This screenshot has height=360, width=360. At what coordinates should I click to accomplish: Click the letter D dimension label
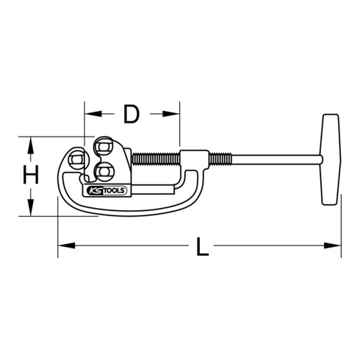[132, 115]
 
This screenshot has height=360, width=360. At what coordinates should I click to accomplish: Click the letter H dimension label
[29, 176]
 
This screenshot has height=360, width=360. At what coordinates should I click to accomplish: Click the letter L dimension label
[204, 246]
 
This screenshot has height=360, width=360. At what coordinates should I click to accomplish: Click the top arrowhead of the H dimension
[29, 142]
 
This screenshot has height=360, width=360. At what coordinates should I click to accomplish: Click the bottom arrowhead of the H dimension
[29, 212]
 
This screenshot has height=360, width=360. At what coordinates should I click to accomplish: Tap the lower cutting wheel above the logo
[102, 172]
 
